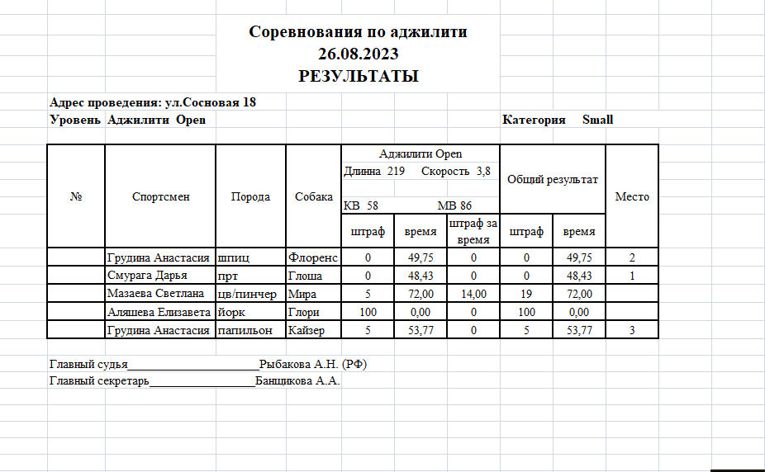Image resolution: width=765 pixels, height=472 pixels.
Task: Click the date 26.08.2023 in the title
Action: [358, 54]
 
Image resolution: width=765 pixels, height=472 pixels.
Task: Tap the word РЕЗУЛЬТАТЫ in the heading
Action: [358, 77]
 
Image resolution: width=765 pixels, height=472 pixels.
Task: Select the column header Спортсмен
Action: [160, 196]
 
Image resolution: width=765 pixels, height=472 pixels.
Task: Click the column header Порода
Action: [250, 196]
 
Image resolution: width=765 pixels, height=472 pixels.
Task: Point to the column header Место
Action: [632, 196]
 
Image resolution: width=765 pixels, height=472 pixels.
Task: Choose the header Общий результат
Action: [552, 179]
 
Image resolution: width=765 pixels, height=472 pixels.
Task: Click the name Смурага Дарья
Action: [147, 276]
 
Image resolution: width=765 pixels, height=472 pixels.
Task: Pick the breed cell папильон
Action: [245, 331]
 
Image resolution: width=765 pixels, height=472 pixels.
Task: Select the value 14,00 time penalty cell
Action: [473, 294]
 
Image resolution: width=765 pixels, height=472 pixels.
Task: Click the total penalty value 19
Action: [525, 294]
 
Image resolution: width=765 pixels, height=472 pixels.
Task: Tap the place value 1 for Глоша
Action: [632, 276]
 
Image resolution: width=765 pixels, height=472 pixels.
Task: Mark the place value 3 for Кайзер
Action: [632, 331]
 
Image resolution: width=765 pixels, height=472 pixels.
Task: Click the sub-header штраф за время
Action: [473, 231]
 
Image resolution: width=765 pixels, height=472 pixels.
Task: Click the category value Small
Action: [597, 120]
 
